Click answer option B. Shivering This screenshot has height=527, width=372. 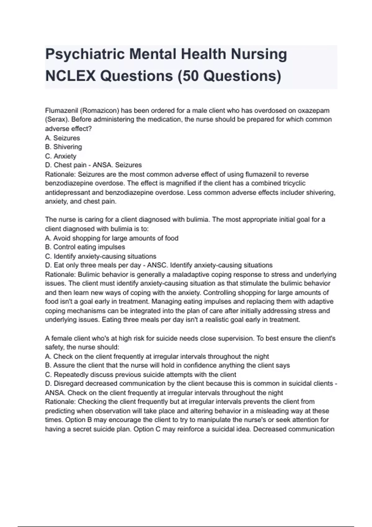click(64, 147)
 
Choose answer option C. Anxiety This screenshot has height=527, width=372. click(61, 156)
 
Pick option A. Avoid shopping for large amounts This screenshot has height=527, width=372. click(112, 238)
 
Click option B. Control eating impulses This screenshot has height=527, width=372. click(85, 247)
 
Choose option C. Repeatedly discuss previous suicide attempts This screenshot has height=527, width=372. click(141, 374)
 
